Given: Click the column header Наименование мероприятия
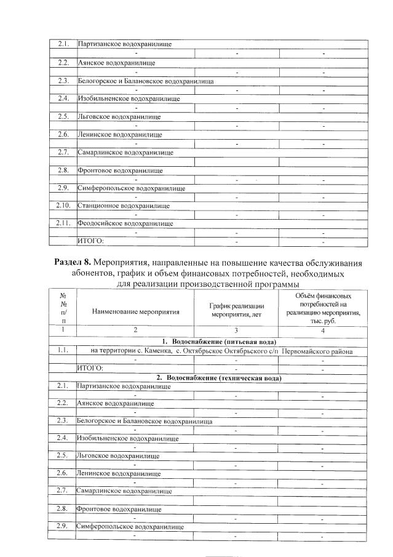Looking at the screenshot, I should tap(135, 311).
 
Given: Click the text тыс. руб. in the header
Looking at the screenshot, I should tap(323, 321).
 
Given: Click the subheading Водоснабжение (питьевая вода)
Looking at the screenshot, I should tap(219, 342).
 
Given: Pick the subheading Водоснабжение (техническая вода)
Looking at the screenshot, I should tap(219, 377).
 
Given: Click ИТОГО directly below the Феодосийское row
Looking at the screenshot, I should tap(90, 241).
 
